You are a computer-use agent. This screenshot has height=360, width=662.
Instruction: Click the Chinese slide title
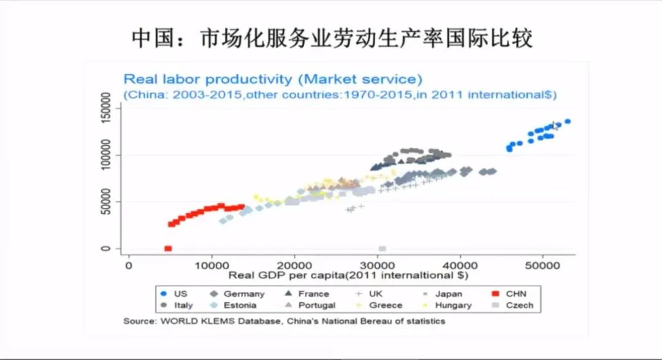tap(332, 38)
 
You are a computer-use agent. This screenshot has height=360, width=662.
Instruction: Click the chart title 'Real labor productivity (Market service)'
tap(273, 79)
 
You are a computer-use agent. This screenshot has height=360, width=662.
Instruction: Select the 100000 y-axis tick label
tap(105, 155)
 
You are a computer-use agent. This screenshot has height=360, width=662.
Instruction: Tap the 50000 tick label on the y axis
tap(105, 202)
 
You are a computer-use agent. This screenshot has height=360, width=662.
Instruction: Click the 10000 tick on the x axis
tap(211, 265)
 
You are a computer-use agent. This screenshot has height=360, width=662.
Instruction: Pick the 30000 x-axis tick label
tap(378, 265)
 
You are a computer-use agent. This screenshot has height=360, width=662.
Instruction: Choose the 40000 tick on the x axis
tap(460, 265)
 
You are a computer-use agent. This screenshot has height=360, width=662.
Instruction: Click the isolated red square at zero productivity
tap(168, 248)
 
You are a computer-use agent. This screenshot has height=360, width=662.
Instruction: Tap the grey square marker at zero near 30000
tap(382, 248)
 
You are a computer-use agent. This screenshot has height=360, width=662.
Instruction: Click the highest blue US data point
tap(568, 121)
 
